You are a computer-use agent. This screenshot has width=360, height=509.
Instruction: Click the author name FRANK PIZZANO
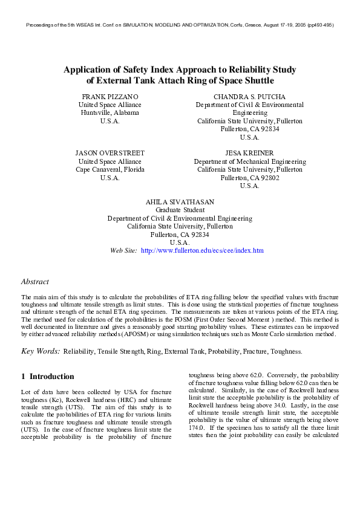[x=110, y=97]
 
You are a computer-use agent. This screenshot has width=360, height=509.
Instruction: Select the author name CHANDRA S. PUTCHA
[x=249, y=97]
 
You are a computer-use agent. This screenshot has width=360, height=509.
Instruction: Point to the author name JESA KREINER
[x=249, y=154]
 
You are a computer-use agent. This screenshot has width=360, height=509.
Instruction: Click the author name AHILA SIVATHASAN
[x=180, y=202]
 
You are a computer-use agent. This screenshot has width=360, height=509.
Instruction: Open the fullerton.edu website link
[x=202, y=250]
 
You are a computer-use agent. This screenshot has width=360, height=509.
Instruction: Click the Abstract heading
[x=35, y=282]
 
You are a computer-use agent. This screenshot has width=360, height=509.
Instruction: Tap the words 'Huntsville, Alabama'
[x=110, y=113]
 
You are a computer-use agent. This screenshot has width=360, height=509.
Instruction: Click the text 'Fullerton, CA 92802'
[x=249, y=178]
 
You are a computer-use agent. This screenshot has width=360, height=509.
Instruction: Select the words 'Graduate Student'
[x=180, y=210]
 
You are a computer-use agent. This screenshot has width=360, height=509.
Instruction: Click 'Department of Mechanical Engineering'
[x=249, y=162]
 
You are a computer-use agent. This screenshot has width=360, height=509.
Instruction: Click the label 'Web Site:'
[x=123, y=250]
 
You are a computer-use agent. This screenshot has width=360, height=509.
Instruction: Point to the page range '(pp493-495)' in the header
[x=320, y=25]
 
